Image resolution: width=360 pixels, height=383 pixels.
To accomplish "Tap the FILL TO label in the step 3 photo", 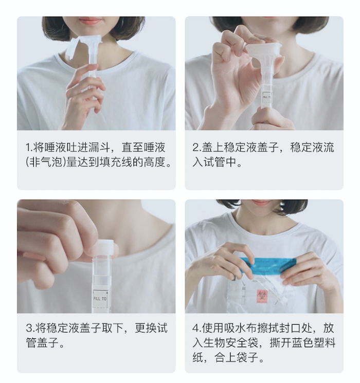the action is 100,299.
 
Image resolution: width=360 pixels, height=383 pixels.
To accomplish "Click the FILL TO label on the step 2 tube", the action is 266,97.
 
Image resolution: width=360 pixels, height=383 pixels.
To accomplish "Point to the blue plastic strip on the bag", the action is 268,265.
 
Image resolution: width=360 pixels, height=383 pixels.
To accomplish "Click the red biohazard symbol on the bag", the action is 262,296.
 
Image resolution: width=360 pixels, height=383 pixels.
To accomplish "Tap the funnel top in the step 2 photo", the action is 263,49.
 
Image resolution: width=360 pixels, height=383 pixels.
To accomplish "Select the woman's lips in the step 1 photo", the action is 89,21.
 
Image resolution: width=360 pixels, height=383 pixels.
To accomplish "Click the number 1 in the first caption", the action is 28,148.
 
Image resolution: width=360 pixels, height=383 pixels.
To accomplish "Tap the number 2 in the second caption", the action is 196,148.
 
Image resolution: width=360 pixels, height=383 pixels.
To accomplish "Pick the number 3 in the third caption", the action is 29,328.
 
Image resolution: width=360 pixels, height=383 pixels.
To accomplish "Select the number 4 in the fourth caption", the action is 196,328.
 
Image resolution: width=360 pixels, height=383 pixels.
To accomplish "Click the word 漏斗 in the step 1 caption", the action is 100,148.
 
